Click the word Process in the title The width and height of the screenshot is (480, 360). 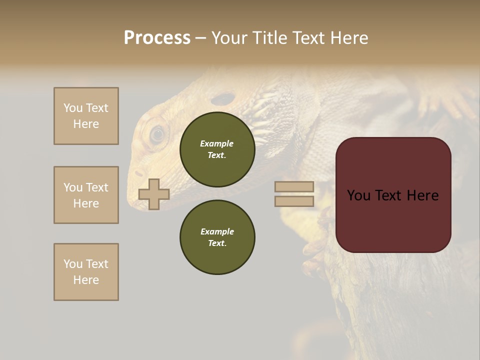click(x=157, y=38)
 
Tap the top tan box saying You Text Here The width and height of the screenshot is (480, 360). click(x=86, y=116)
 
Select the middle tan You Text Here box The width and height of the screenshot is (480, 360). click(x=86, y=195)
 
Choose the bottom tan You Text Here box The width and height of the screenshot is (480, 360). click(x=86, y=272)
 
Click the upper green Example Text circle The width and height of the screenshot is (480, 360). click(x=217, y=149)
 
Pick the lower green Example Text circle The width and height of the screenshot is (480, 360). click(x=217, y=237)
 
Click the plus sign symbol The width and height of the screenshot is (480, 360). click(x=154, y=194)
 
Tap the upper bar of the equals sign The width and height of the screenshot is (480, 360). click(x=294, y=186)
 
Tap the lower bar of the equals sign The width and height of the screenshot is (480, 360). click(x=294, y=201)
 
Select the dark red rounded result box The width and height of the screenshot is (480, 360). click(x=393, y=195)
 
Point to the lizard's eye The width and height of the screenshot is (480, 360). click(x=157, y=133)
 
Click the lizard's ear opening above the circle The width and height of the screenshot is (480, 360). click(x=223, y=98)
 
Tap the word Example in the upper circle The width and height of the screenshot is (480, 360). click(x=216, y=143)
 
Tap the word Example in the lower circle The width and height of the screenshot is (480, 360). click(x=217, y=231)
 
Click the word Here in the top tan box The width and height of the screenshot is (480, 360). click(x=86, y=124)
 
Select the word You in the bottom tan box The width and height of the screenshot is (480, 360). click(x=73, y=264)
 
